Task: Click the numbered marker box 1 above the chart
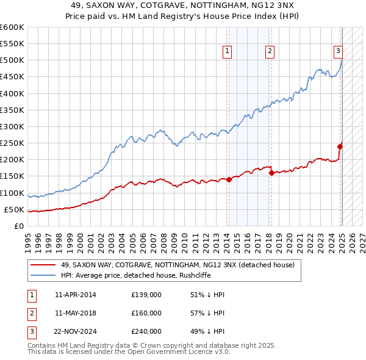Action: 227,52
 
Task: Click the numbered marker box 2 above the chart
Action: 270,52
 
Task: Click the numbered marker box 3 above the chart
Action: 338,52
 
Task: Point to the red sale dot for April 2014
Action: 229,179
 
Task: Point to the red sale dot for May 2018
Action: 271,173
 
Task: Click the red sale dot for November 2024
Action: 340,146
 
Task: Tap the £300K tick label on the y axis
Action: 12,126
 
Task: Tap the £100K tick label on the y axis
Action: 12,193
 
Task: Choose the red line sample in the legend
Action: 42,265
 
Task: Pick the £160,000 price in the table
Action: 146,313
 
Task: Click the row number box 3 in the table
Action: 30,331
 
